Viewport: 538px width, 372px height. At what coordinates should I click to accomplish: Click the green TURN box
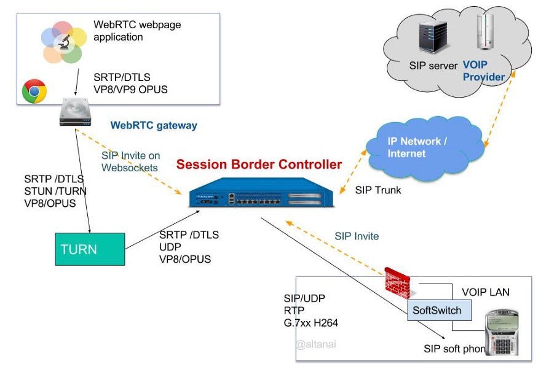coord(90,249)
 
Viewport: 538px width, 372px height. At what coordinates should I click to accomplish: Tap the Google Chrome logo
coord(34,91)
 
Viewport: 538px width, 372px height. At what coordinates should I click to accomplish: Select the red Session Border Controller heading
coord(259,165)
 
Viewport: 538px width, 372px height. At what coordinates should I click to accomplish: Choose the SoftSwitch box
coord(437,310)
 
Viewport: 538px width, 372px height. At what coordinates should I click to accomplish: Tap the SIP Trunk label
coord(378,190)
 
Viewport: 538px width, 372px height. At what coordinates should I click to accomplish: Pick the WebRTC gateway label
coord(154,125)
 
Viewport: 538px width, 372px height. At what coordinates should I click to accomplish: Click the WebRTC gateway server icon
coord(75,114)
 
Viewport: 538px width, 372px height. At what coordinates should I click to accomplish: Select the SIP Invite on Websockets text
coord(131,161)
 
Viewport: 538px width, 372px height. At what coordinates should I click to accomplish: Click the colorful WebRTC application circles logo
coord(62,42)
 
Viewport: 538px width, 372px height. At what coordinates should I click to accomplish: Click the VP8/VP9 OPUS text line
coord(130,89)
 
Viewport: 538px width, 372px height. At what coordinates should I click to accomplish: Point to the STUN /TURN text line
coord(55,191)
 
